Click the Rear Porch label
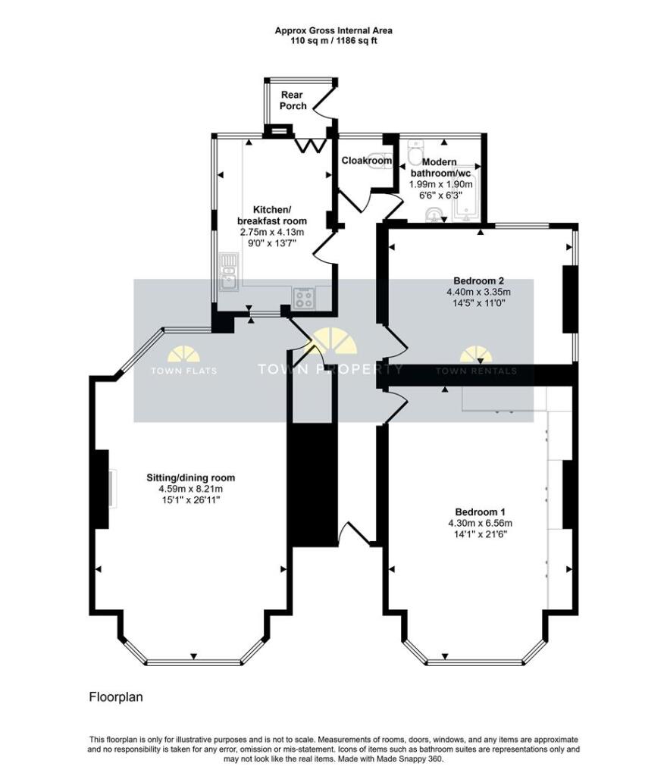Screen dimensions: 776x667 293,100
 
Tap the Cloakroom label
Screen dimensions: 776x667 367,161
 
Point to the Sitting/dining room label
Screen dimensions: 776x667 191,477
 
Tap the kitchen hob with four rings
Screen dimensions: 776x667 305,299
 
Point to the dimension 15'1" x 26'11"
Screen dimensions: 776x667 191,500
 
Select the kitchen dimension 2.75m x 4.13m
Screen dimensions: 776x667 271,232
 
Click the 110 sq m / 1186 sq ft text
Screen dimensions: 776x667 333,41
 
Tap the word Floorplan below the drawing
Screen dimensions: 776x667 116,696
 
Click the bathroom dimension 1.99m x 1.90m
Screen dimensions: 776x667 440,184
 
